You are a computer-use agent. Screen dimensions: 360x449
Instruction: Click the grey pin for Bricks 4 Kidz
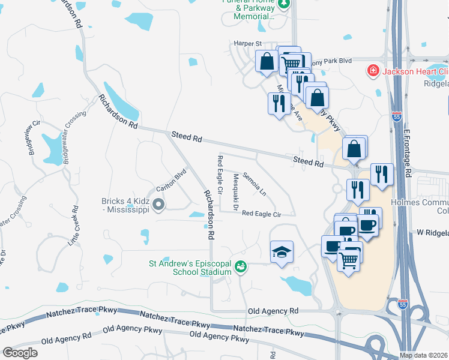point(159,205)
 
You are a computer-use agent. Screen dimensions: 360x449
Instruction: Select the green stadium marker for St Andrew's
point(241,266)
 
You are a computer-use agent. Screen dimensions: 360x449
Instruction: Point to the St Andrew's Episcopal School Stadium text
point(190,267)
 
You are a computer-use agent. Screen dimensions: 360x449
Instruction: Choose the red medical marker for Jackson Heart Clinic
point(373,71)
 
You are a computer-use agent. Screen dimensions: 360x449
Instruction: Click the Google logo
point(20,353)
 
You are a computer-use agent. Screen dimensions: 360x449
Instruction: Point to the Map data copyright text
point(424,355)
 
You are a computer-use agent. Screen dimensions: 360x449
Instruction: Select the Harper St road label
point(249,44)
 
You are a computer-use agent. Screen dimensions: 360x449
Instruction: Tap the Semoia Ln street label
point(255,184)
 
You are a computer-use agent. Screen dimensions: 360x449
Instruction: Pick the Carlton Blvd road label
point(172,182)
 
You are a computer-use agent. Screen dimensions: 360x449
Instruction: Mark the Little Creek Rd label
point(74,226)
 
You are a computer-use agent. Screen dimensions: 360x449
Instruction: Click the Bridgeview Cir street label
point(31,139)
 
